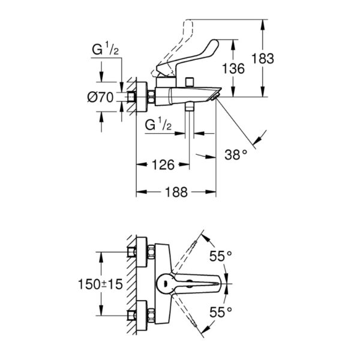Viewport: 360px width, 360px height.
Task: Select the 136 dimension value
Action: click(233, 68)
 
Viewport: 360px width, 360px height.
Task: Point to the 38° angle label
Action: click(236, 153)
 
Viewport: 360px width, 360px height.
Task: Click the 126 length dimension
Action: click(162, 164)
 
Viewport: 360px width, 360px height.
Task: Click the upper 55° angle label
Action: click(220, 256)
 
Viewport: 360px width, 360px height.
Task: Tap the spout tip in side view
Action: click(216, 94)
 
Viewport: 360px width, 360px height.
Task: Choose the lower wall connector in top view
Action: click(143, 314)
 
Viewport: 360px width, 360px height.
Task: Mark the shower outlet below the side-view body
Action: click(190, 108)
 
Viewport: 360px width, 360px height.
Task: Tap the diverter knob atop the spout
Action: click(190, 80)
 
